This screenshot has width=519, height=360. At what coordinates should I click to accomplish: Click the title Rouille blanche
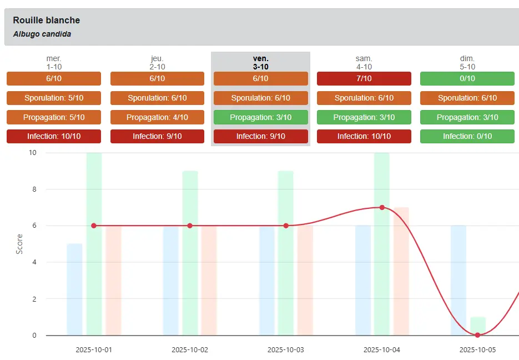(46, 21)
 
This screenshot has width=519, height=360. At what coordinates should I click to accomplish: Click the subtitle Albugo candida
(42, 34)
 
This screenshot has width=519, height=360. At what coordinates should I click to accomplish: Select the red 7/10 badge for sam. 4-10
(364, 79)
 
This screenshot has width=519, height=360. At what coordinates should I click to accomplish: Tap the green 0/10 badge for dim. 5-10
(467, 79)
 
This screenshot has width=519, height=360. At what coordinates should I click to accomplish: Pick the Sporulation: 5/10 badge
(54, 98)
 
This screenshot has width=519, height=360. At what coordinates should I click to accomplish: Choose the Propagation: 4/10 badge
(157, 117)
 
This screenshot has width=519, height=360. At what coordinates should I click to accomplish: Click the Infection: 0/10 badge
(467, 137)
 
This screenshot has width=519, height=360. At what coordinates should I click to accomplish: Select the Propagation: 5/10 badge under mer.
(54, 117)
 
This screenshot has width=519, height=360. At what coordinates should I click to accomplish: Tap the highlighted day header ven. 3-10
(260, 62)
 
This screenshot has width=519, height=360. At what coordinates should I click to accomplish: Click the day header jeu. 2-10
(157, 62)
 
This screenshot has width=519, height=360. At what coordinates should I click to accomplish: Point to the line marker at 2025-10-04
(382, 207)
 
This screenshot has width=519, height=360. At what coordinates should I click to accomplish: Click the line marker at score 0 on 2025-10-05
(477, 335)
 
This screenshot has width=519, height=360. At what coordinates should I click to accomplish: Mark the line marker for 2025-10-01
(94, 226)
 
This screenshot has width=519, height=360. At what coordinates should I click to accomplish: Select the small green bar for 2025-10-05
(478, 326)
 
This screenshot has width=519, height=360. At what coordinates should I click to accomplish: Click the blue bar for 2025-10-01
(74, 289)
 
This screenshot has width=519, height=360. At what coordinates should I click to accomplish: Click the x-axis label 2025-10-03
(286, 350)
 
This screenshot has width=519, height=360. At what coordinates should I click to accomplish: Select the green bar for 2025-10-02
(190, 253)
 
